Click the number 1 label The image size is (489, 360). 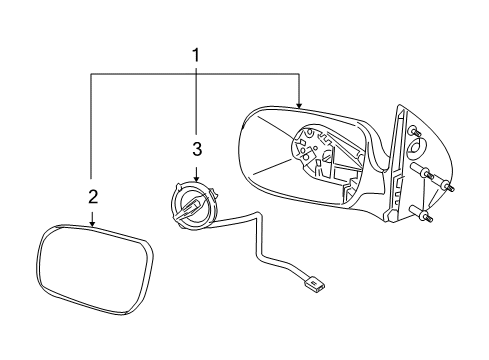click(196, 57)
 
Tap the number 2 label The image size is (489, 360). click(92, 196)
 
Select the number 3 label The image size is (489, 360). click(196, 150)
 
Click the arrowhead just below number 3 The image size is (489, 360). click(196, 177)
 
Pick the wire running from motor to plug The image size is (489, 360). click(264, 250)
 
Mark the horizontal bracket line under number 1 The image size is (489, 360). click(196, 73)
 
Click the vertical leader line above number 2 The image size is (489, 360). click(92, 130)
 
